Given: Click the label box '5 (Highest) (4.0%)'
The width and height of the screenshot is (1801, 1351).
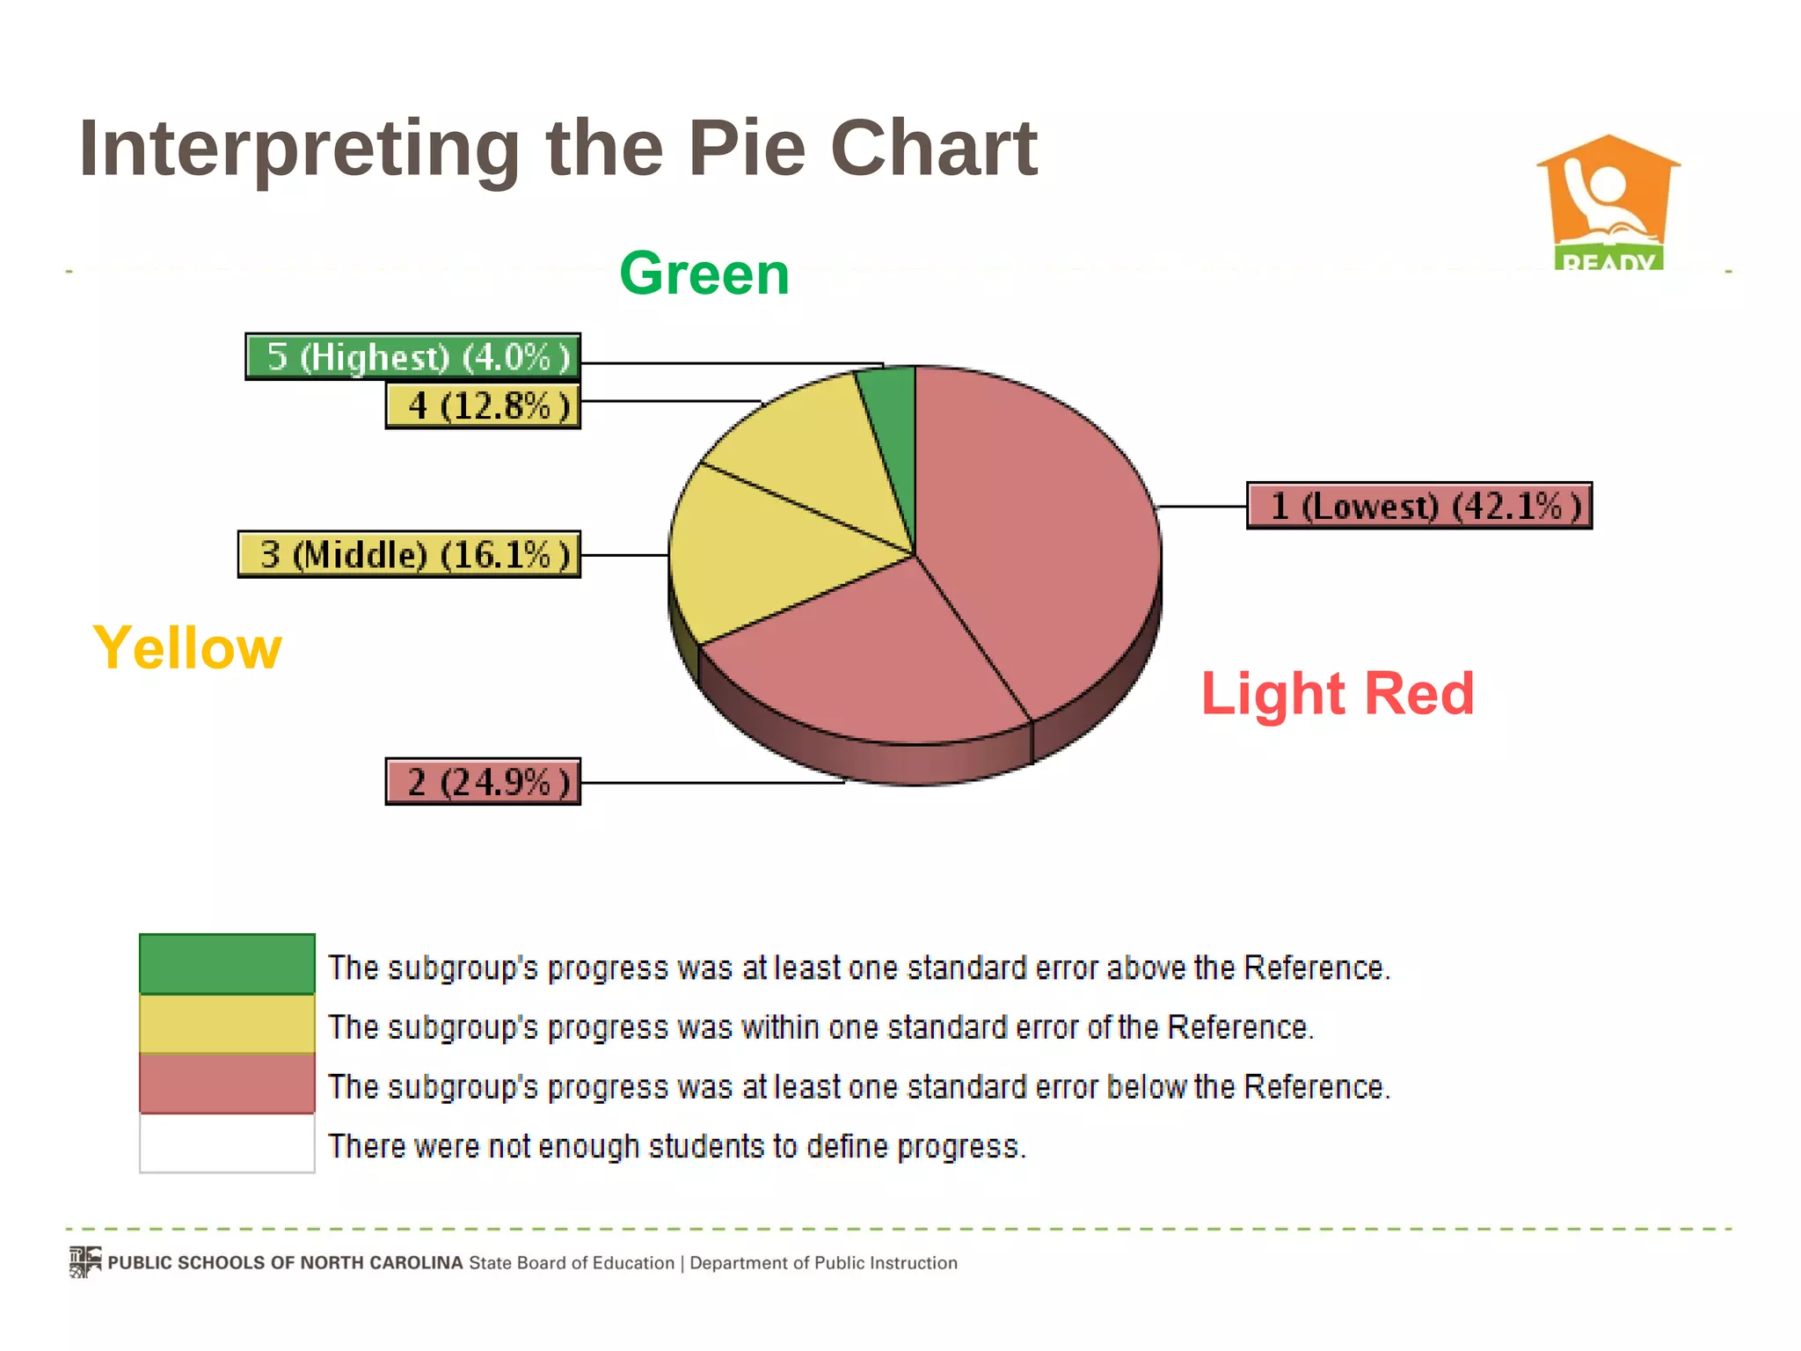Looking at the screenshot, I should [412, 357].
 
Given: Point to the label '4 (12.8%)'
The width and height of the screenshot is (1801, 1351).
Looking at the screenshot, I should [483, 406].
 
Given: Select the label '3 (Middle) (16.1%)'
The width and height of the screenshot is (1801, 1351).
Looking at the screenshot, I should [409, 555].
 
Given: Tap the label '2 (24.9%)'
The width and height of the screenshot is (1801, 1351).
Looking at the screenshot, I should [483, 782].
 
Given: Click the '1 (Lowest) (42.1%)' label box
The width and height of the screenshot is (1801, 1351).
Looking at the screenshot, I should [1418, 506].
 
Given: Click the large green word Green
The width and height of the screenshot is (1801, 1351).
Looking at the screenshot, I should [704, 274].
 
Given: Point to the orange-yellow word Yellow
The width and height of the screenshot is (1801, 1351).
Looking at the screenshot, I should [187, 648].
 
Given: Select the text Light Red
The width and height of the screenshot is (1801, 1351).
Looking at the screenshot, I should [1337, 694].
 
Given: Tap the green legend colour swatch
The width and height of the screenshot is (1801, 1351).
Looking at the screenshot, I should [227, 964].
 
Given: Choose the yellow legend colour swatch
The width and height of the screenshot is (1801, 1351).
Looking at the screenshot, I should [227, 1024].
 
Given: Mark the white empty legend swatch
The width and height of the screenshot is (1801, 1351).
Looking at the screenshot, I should [227, 1143].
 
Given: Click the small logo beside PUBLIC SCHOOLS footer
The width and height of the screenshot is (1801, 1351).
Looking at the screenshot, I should [85, 1261].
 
